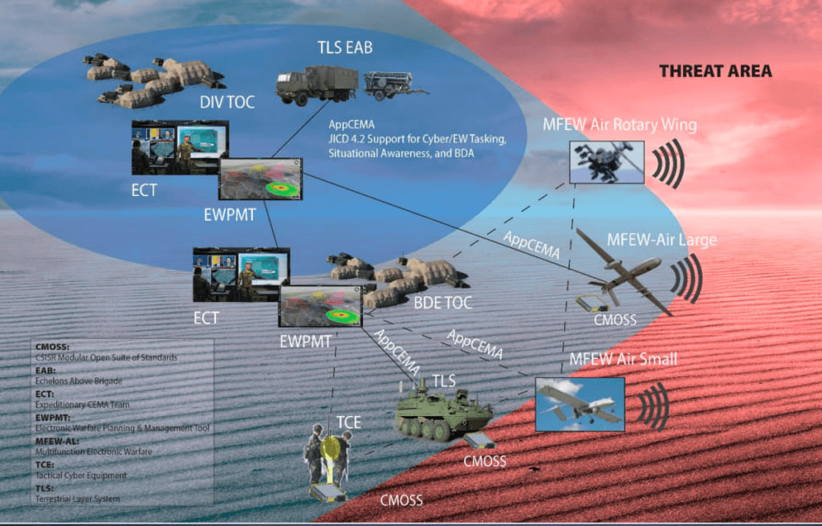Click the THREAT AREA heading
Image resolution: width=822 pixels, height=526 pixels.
click(x=715, y=71)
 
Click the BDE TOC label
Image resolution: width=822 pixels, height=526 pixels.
click(x=442, y=303)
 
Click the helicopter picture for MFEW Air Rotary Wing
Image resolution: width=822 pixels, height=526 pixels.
click(x=606, y=162)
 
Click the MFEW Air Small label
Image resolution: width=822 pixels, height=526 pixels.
click(x=623, y=359)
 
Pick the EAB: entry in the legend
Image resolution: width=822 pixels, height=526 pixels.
click(x=47, y=371)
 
